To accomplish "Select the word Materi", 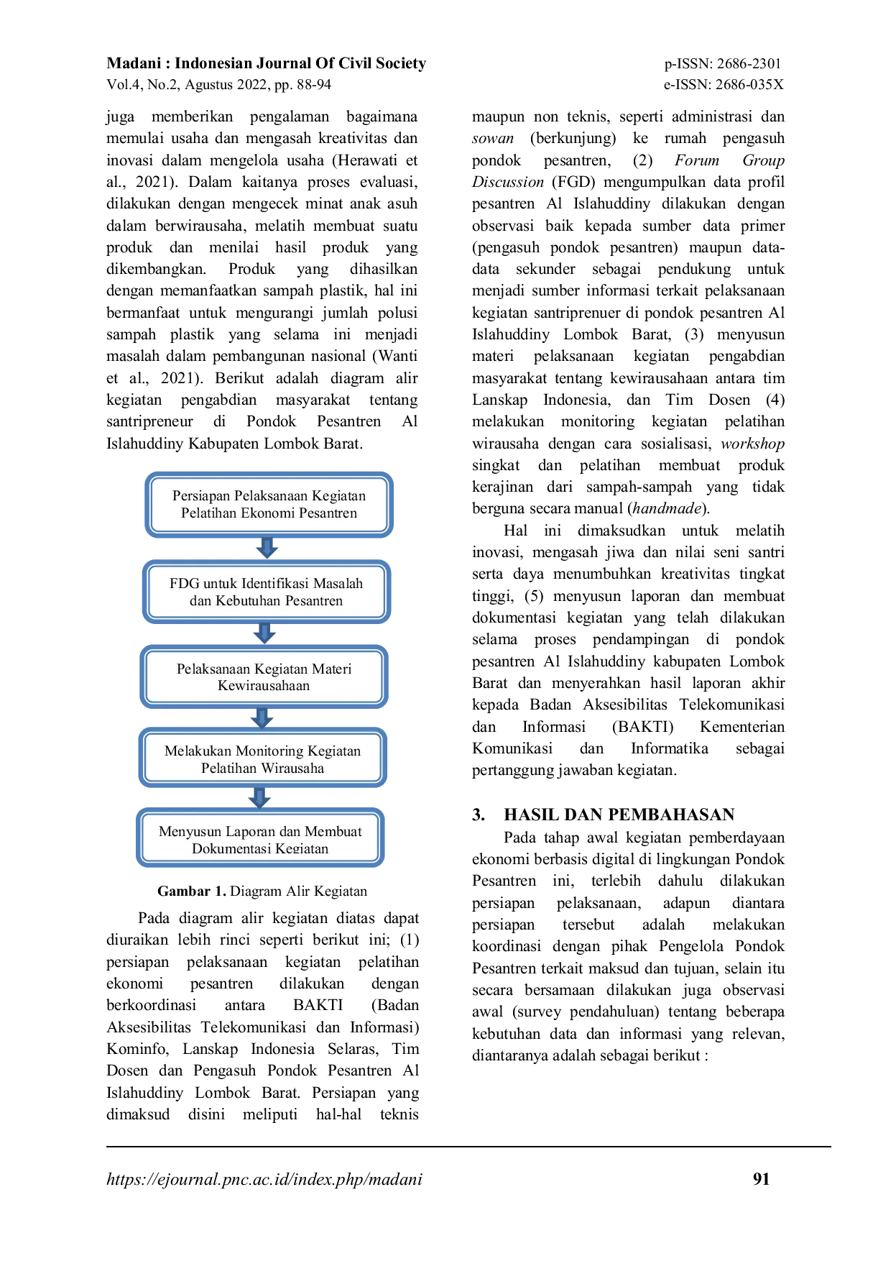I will click(x=332, y=669).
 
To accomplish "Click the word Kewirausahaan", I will click(x=264, y=686).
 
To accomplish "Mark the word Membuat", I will click(x=333, y=832).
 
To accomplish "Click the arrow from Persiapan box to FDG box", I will click(x=267, y=548).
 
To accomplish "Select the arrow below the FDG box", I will click(x=264, y=633).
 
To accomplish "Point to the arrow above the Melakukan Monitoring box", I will click(x=262, y=717).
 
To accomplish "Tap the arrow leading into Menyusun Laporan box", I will click(x=259, y=797).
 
